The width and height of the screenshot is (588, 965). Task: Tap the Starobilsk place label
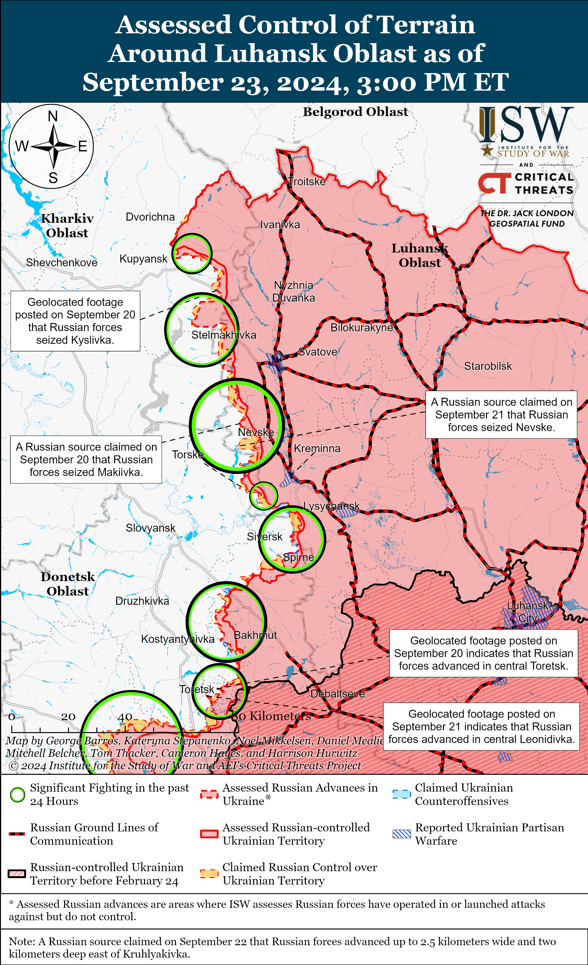pos(488,366)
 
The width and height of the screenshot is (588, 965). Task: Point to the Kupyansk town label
pos(143,259)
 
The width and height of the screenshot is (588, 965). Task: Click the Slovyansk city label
pos(150,528)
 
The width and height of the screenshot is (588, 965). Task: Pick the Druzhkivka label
pos(142,601)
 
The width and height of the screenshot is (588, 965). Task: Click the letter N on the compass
pos(53,116)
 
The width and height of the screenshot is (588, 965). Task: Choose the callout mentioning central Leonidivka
pos(481,727)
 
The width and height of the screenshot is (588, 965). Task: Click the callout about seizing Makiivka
pos(86,459)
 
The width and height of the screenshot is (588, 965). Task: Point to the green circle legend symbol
pos(17,795)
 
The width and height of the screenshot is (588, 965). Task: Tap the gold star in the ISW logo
pos(487,150)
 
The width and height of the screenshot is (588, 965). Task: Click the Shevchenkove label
pos(62,262)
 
